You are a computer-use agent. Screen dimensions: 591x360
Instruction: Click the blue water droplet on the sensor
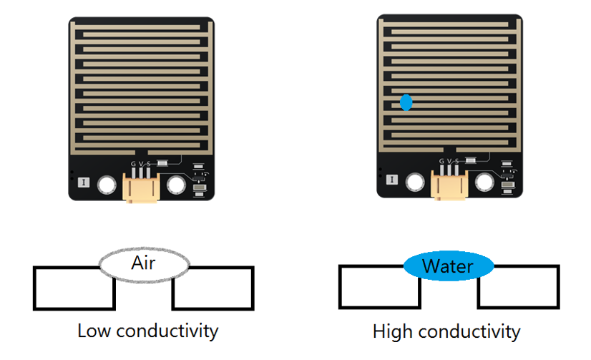(x=406, y=102)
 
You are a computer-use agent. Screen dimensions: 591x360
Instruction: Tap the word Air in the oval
(x=143, y=263)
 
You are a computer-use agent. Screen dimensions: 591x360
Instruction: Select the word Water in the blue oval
(x=448, y=266)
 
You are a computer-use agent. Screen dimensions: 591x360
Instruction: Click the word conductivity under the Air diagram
(x=167, y=331)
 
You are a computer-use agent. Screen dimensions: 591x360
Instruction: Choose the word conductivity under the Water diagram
(x=469, y=331)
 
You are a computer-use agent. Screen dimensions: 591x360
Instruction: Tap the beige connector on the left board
(x=141, y=188)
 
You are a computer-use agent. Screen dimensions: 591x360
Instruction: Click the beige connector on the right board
(x=449, y=185)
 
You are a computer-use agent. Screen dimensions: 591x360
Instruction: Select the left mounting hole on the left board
(x=107, y=185)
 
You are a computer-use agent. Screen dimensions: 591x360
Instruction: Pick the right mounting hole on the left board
(x=176, y=185)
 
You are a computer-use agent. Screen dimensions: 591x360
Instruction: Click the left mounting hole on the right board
(x=415, y=182)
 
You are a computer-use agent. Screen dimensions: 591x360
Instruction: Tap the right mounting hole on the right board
(x=484, y=182)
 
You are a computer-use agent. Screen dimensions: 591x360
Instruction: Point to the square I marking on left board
(x=84, y=183)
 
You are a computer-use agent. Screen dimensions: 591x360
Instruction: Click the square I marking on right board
(x=392, y=180)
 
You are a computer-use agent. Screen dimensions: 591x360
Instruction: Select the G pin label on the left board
(x=133, y=164)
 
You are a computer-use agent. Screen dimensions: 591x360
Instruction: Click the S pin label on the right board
(x=457, y=161)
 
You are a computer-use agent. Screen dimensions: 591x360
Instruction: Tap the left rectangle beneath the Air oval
(x=74, y=288)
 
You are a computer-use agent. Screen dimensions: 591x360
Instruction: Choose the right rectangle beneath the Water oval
(x=519, y=287)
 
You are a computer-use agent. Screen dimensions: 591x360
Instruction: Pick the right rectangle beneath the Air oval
(x=213, y=288)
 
